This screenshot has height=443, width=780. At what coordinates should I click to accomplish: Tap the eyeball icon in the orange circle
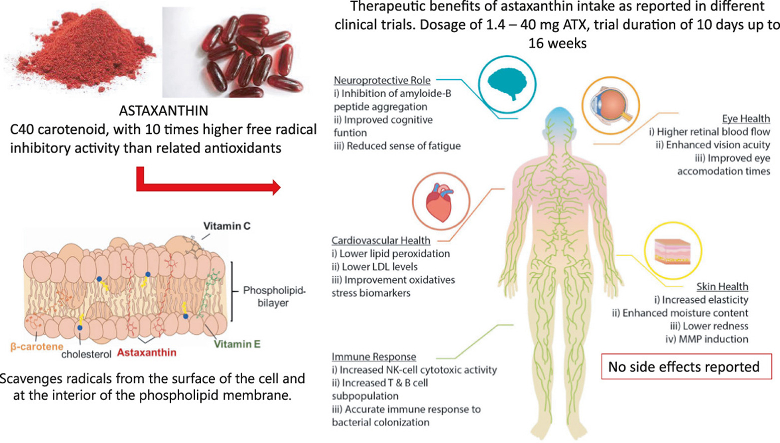[610, 106]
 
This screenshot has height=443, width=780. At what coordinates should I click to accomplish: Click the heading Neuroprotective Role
[382, 80]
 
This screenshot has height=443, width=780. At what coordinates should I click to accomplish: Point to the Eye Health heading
[746, 118]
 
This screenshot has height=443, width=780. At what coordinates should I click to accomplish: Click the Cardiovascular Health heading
[381, 240]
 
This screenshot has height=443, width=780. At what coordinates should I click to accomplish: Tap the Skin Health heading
[722, 286]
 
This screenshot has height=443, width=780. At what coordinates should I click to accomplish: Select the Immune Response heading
[374, 357]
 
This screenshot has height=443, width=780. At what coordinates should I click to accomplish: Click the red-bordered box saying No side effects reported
[683, 367]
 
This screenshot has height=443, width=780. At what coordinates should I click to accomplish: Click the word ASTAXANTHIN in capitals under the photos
[164, 110]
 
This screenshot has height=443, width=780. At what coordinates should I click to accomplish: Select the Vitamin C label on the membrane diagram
[227, 226]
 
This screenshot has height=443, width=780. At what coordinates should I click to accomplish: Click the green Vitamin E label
[237, 344]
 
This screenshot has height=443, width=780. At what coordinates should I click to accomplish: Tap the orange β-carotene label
[36, 346]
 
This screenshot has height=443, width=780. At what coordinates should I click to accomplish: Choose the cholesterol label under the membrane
[86, 354]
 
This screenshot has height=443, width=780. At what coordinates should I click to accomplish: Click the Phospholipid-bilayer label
[274, 296]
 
